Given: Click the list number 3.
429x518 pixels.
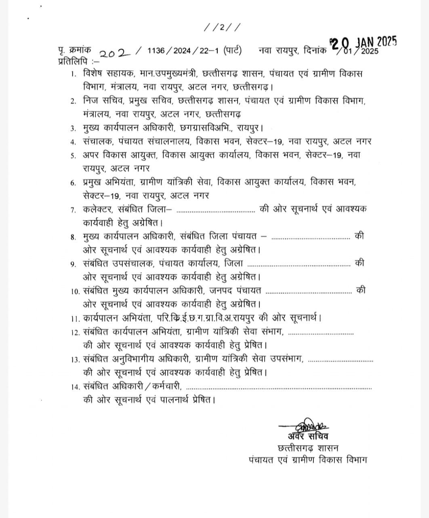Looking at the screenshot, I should [73, 129].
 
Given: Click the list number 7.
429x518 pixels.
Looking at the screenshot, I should [73, 210].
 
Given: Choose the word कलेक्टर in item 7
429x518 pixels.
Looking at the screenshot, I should [98, 209].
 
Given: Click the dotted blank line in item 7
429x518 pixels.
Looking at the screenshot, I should [216, 211].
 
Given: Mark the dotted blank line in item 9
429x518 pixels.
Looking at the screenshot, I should [299, 265].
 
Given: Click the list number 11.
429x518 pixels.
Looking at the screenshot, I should [75, 318].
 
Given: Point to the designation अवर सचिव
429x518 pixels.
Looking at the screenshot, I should [308, 436].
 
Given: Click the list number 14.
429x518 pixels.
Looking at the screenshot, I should [75, 387].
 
